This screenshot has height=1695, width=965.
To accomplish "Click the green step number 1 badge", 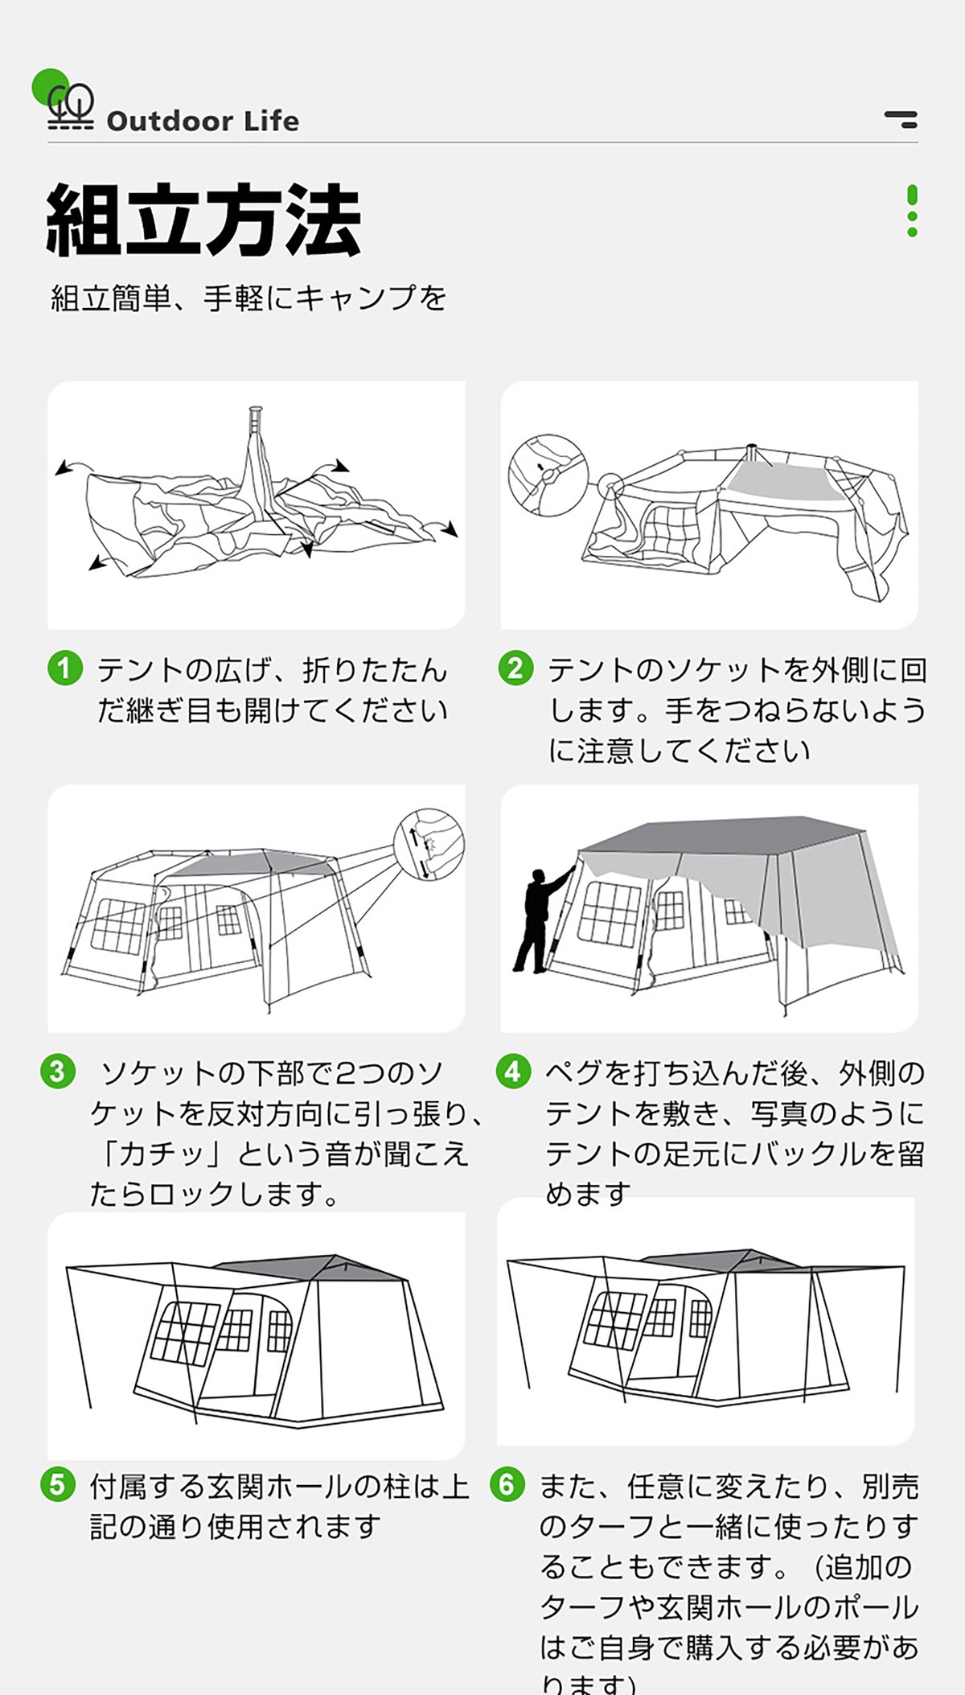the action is tap(65, 669).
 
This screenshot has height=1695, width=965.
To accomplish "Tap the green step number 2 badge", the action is tap(515, 669).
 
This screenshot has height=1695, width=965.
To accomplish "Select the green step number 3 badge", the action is tap(58, 1072).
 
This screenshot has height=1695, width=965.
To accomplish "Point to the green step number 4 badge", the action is tap(513, 1072).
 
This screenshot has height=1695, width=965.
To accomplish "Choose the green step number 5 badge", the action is tap(58, 1484).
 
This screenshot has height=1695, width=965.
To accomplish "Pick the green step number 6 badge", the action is tap(507, 1484).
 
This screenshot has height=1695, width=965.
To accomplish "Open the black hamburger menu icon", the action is tap(901, 119).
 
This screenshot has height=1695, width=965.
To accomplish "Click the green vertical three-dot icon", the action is tap(912, 211).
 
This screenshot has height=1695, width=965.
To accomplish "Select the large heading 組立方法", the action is tap(203, 219).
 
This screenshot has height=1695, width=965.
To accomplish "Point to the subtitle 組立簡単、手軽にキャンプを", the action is tap(248, 298).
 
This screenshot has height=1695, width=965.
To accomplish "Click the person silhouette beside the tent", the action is tap(541, 919).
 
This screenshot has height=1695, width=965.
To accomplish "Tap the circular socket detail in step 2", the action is tap(548, 475).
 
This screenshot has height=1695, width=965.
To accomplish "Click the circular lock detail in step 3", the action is tap(429, 845).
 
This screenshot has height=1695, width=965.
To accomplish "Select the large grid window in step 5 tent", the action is tap(186, 1333).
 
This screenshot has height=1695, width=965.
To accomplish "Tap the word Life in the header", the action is tap(272, 121).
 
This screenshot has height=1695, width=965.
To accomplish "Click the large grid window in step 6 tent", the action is tap(615, 1320).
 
